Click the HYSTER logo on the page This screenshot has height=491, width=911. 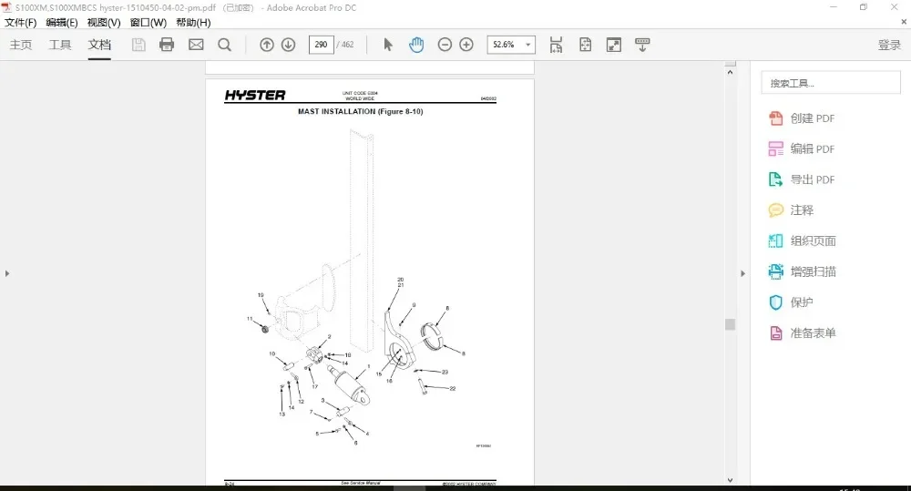tap(255, 96)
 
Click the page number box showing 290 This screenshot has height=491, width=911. tap(321, 45)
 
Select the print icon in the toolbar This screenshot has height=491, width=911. tap(167, 45)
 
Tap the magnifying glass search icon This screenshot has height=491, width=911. tap(224, 45)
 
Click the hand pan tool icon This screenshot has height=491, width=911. tap(416, 45)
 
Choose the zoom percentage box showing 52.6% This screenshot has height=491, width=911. tap(512, 45)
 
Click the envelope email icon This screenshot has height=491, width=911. tap(196, 45)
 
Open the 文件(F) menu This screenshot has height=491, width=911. tap(21, 23)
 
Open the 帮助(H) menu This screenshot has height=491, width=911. tap(193, 23)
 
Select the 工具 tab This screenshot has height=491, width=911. tap(60, 45)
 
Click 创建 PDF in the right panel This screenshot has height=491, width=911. tap(812, 118)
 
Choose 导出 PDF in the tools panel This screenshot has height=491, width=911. tap(812, 179)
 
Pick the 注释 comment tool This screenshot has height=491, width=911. tap(802, 210)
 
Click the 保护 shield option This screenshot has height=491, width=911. tap(802, 302)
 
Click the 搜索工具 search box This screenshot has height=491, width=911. tap(830, 83)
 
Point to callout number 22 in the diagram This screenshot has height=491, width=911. tap(452, 388)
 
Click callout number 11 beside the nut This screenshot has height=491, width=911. tap(249, 319)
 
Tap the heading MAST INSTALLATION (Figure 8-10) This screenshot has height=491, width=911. tap(361, 112)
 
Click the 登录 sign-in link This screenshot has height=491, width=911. tap(889, 45)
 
